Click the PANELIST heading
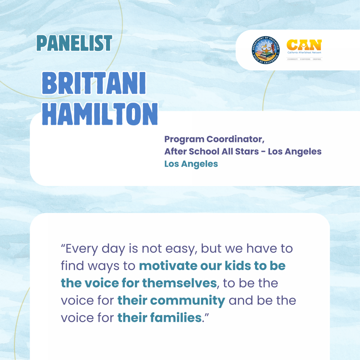click(74, 43)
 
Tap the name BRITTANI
click(94, 83)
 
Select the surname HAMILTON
click(100, 114)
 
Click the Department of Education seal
click(265, 50)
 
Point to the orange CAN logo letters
click(304, 45)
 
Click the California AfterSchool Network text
click(304, 52)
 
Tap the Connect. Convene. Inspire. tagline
click(304, 59)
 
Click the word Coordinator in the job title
click(235, 139)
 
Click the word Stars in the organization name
click(247, 151)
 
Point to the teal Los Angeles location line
click(191, 164)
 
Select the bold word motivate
click(168, 266)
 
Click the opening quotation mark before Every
click(63, 245)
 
